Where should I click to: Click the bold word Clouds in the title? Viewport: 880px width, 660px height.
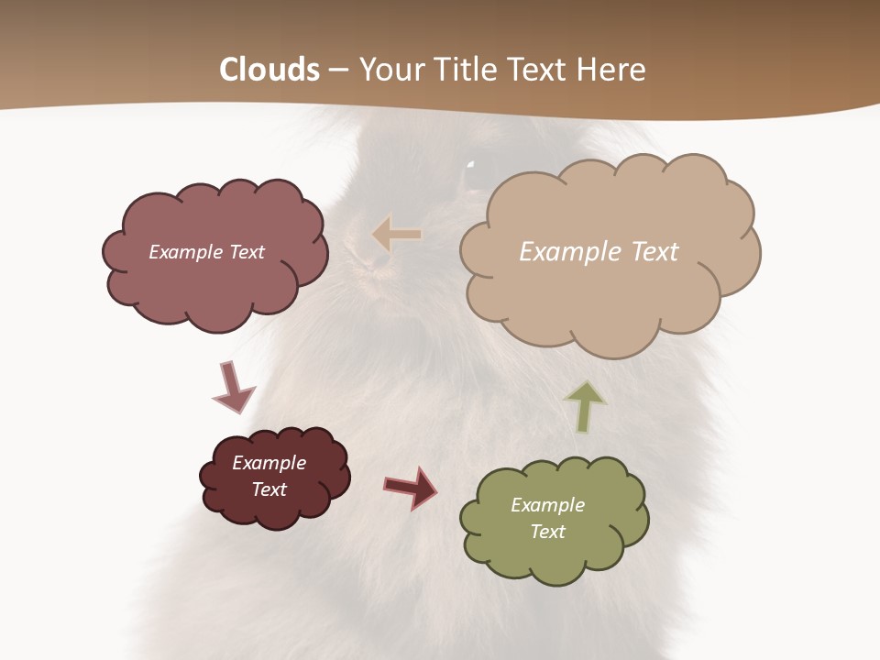coord(269,70)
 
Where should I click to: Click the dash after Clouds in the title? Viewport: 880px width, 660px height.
coord(338,71)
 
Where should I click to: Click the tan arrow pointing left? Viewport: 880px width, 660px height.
coord(397,236)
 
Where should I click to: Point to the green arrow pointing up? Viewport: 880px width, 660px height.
coord(586,406)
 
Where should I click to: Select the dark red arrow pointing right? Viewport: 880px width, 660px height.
coord(411,487)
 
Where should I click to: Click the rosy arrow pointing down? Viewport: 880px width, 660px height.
coord(232,388)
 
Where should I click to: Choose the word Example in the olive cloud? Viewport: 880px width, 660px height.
coord(547,505)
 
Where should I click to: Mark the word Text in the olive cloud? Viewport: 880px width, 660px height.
coord(547,532)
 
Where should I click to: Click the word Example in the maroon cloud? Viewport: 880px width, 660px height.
coord(269,463)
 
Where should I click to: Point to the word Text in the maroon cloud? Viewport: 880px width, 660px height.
coord(269,489)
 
